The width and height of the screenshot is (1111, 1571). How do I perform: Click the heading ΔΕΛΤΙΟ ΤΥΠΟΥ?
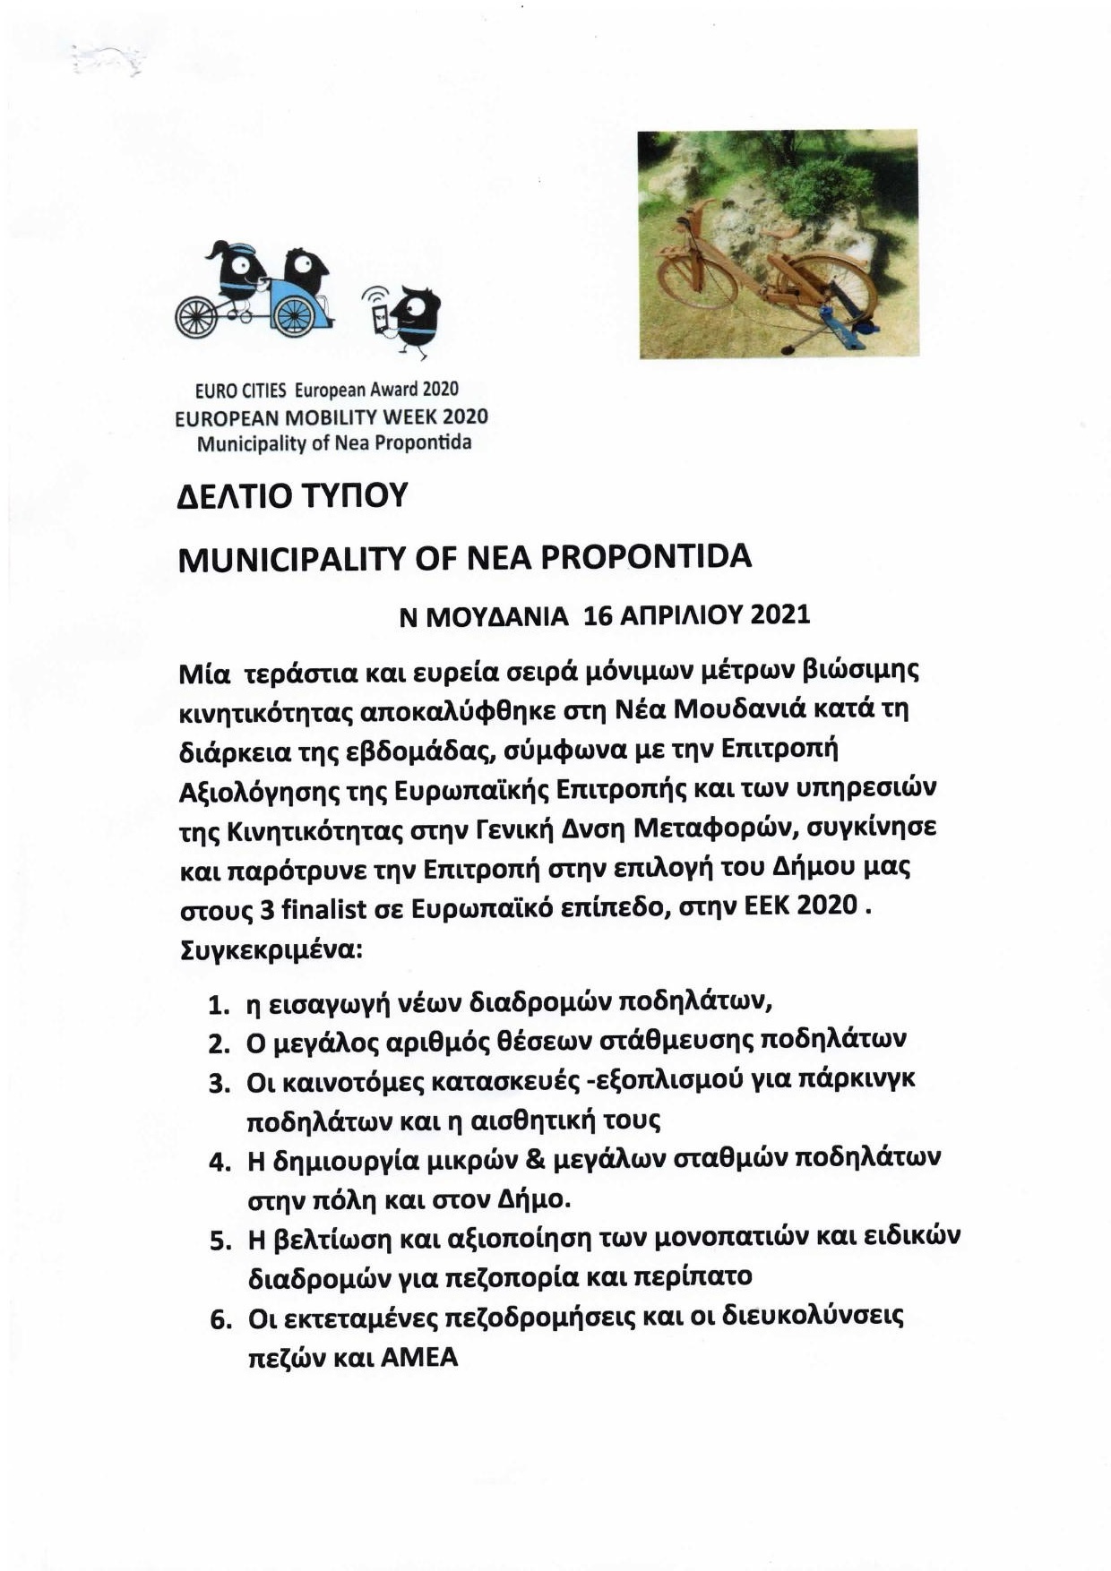(293, 495)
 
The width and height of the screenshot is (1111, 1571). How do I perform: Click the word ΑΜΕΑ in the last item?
(419, 1358)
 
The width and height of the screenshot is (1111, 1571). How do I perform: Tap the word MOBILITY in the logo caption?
(328, 416)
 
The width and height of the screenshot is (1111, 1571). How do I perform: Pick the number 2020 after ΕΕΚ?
(827, 906)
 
